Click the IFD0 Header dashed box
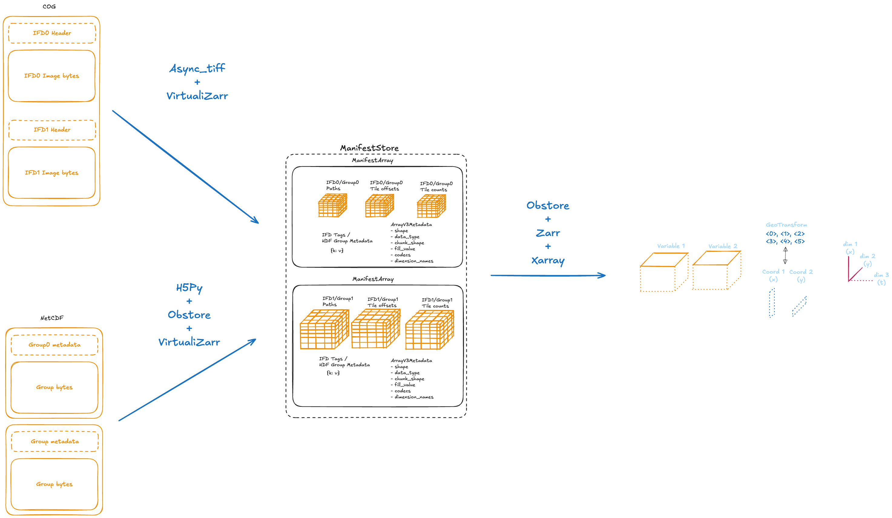click(52, 33)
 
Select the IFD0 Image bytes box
click(52, 76)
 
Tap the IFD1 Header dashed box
click(52, 130)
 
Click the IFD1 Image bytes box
click(52, 173)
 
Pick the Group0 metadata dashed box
click(54, 345)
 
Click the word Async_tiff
click(197, 68)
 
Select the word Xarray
click(548, 261)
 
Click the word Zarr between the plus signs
click(548, 233)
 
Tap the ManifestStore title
click(369, 148)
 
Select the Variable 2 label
click(722, 246)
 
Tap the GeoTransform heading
click(786, 225)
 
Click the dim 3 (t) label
click(881, 278)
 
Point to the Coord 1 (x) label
click(773, 275)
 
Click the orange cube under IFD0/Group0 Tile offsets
click(379, 206)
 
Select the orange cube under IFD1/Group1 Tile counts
click(430, 330)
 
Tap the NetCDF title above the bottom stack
click(52, 318)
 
